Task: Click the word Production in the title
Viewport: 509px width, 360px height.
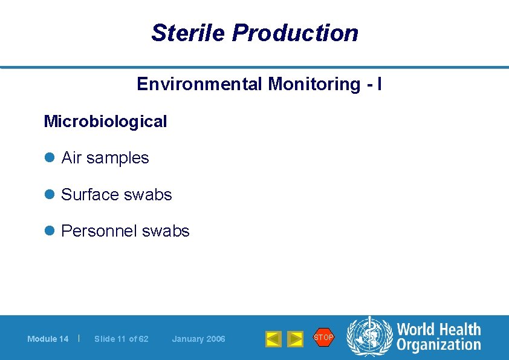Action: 295,33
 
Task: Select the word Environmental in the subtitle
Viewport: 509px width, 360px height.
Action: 199,83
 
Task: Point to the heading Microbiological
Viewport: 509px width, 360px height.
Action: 105,122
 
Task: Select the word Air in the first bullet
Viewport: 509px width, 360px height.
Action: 71,158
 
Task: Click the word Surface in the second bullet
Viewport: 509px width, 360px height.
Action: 90,195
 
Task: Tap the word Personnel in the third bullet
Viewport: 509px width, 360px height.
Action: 99,231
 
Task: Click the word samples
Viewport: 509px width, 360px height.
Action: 117,159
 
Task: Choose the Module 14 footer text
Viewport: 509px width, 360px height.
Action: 48,339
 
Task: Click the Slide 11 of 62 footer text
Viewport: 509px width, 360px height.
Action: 121,339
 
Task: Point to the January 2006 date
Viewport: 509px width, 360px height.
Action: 198,339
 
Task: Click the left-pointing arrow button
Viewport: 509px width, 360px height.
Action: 273,339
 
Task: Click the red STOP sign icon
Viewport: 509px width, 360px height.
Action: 323,337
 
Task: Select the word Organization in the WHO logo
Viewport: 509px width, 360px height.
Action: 438,345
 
